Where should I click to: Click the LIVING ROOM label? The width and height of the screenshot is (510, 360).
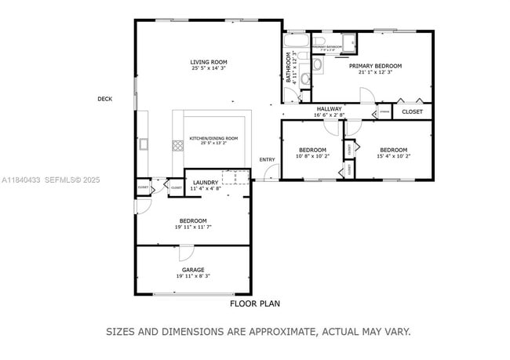pyautogui.click(x=209, y=62)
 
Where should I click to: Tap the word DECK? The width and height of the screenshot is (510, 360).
pyautogui.click(x=105, y=99)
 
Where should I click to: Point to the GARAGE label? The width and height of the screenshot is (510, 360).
pyautogui.click(x=193, y=270)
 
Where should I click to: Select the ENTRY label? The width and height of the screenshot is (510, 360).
pyautogui.click(x=268, y=160)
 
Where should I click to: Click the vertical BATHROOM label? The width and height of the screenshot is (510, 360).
pyautogui.click(x=289, y=67)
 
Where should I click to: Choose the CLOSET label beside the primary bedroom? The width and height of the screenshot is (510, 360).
pyautogui.click(x=412, y=111)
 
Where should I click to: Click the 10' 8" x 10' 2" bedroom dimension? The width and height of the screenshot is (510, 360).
pyautogui.click(x=311, y=156)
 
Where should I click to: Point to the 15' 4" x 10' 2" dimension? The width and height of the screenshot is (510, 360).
pyautogui.click(x=393, y=156)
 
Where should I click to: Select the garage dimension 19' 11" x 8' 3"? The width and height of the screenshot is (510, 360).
pyautogui.click(x=193, y=276)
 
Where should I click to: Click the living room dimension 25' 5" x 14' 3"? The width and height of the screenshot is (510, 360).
pyautogui.click(x=209, y=68)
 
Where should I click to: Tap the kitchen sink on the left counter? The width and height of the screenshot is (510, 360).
pyautogui.click(x=144, y=144)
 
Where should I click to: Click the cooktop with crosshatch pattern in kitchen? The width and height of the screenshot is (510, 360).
pyautogui.click(x=178, y=146)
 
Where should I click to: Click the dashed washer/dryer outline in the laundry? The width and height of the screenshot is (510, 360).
pyautogui.click(x=235, y=177)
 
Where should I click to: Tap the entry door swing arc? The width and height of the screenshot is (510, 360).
pyautogui.click(x=271, y=174)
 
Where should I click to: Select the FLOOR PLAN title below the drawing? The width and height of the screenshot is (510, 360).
pyautogui.click(x=254, y=303)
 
